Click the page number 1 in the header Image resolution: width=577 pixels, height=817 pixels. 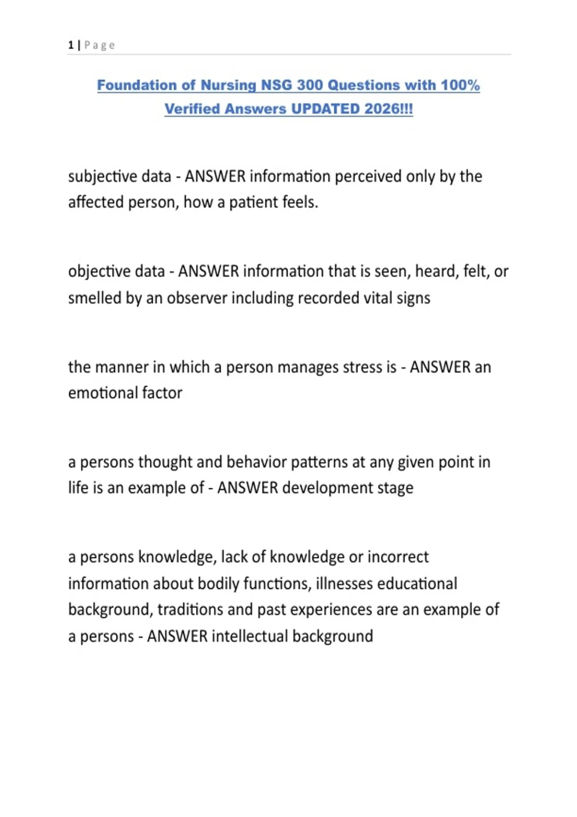click(71, 45)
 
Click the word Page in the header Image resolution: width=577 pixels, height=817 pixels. click(100, 45)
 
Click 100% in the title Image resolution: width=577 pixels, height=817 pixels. click(460, 85)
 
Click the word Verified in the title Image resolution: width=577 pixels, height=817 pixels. click(192, 109)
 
